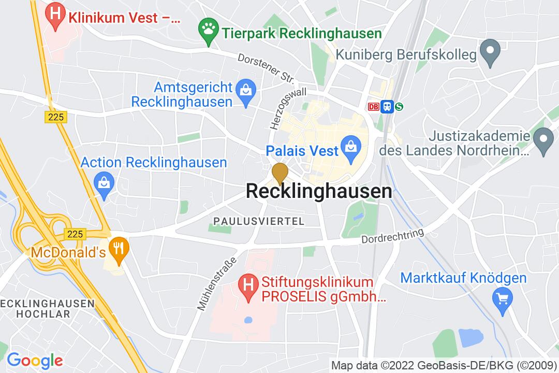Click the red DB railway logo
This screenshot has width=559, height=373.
[x=373, y=107]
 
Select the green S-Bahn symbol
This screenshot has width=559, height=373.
[x=399, y=107]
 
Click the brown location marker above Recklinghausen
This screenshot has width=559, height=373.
[x=280, y=173]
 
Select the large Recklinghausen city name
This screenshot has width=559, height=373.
[x=318, y=191]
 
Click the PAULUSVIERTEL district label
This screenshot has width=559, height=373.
[x=259, y=221]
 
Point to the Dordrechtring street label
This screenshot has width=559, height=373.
[x=393, y=237]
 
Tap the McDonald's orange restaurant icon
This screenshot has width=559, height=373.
[x=120, y=247]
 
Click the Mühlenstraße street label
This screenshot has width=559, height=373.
[x=216, y=283]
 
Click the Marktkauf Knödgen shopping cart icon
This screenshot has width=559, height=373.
[x=503, y=298]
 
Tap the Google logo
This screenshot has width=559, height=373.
[x=35, y=360]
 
